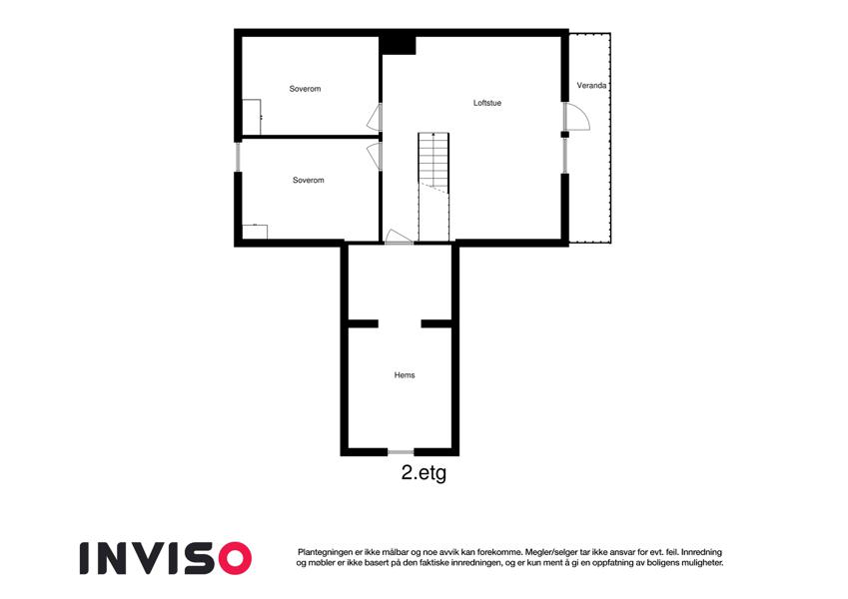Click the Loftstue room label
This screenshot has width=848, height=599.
point(487,103)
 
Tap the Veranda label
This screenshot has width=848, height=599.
point(591,86)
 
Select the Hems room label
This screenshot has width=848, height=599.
point(405,375)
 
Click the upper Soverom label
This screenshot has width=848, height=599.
point(305,89)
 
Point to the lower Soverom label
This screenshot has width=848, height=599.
point(309,180)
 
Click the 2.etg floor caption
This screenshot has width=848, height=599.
point(424,473)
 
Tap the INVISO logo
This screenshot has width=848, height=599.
point(166,558)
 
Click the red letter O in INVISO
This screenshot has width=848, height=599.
point(234,558)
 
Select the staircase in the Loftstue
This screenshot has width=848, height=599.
point(433,187)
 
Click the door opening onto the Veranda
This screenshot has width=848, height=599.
point(576,117)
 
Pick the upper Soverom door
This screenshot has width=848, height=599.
point(375,118)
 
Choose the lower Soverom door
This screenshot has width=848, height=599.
point(375,157)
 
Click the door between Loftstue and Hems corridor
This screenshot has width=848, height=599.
point(399,238)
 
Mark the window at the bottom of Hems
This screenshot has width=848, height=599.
point(402,452)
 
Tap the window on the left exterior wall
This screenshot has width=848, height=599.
point(238,157)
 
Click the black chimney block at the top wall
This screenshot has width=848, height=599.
point(398,44)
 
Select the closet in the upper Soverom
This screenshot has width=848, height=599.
point(252,117)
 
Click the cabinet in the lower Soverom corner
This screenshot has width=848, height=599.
point(254,232)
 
